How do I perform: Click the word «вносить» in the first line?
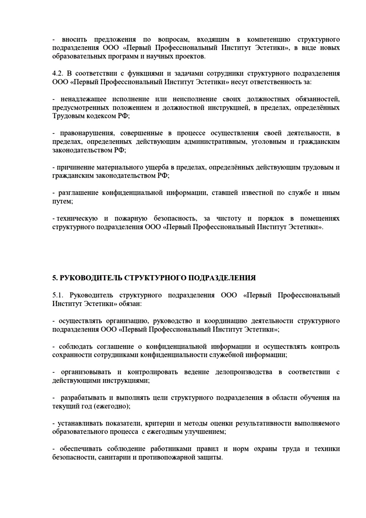74,40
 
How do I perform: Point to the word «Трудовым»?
66,116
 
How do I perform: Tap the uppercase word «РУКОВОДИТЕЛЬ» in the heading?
90,278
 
